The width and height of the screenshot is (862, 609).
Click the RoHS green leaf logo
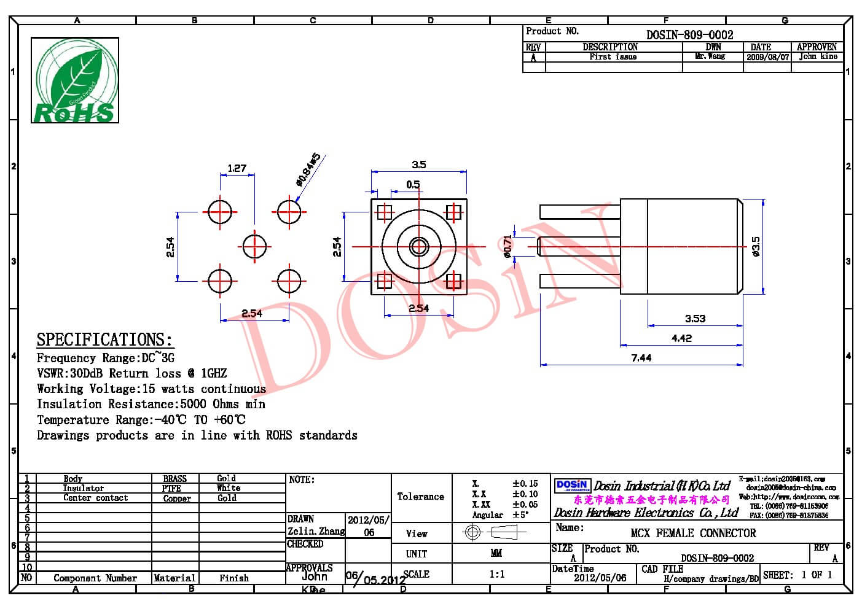coord(74,80)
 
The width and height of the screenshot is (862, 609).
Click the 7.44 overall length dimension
coord(641,358)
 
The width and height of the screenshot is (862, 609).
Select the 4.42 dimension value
coord(681,338)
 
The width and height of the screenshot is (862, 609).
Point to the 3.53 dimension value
coord(695,319)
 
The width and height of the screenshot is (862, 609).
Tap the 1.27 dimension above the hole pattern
coord(237,168)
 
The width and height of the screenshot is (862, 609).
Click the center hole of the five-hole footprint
coord(254,247)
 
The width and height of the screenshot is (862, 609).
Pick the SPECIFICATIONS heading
coord(104,339)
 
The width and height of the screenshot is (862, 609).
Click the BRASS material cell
coord(175,479)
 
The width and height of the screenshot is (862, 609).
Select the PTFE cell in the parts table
coord(171,489)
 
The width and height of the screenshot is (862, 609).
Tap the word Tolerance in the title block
coord(420,496)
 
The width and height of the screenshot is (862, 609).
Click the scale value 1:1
coord(497,574)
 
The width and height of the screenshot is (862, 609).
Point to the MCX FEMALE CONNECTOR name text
coord(693,533)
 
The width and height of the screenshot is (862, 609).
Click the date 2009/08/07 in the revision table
coord(767,56)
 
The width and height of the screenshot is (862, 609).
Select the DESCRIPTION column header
coord(610,47)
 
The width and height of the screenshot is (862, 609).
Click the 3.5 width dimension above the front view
coord(418,165)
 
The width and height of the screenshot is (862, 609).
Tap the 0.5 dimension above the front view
coord(413,184)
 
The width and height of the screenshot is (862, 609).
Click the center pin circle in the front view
coord(419,247)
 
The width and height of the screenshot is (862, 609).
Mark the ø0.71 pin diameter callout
coord(507,246)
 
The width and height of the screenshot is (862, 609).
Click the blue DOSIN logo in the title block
coord(572,486)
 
